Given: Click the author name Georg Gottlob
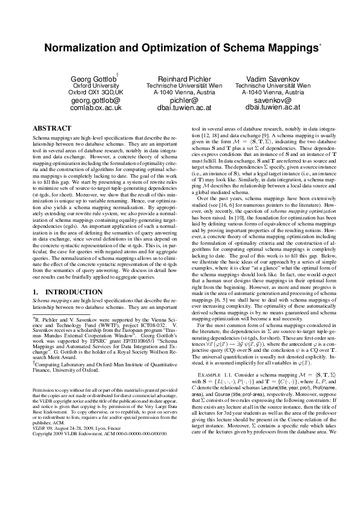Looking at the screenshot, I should (x=93, y=79).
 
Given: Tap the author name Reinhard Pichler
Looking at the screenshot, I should (x=183, y=79).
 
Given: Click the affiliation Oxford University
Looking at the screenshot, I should (x=95, y=86).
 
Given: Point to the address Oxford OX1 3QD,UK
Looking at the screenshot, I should (x=95, y=92).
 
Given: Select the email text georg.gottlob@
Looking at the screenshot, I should (x=95, y=100).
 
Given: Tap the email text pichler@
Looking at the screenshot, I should (x=183, y=100).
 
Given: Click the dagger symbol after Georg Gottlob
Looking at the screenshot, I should (x=117, y=75).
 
